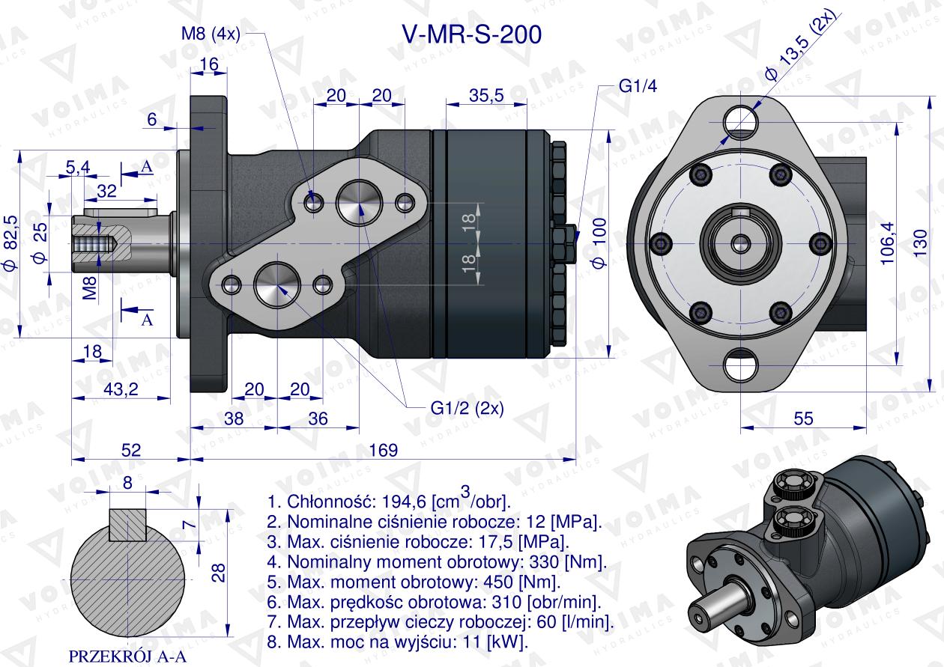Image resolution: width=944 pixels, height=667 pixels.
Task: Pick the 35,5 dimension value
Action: pos(485,94)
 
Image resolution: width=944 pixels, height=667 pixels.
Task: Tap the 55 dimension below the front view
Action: pos(803,418)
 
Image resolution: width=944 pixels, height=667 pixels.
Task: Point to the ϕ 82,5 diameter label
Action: pos(10,243)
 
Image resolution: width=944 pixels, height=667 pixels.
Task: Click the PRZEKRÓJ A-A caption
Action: pos(127,657)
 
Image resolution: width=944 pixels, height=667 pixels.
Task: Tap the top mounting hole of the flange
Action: pos(741,117)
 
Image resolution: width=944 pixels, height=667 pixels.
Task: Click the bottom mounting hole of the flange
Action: pos(741,366)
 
